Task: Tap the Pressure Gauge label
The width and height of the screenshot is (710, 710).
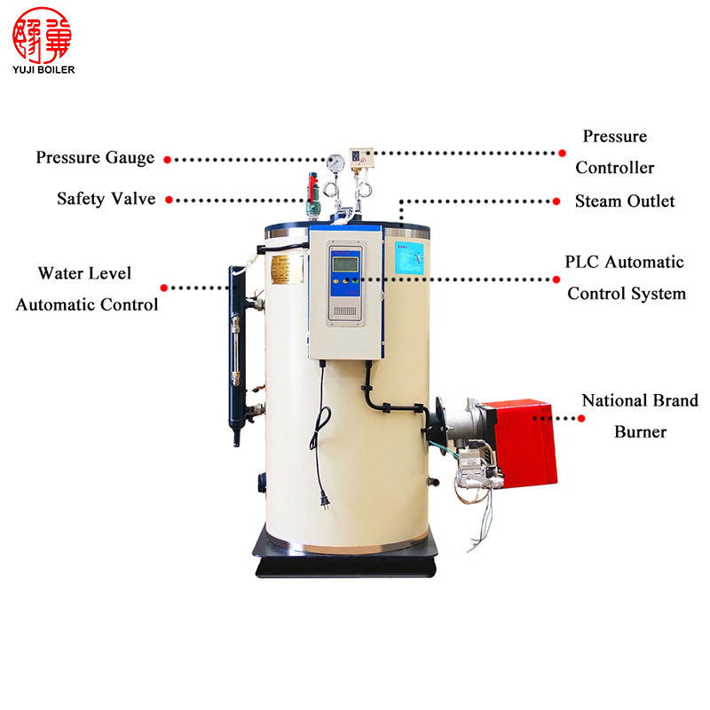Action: [x=95, y=158]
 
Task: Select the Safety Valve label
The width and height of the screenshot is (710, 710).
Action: [x=106, y=199]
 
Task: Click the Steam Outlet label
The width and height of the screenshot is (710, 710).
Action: [x=624, y=201]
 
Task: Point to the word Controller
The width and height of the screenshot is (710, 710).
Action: [x=614, y=168]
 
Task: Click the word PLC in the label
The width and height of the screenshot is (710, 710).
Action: [x=582, y=263]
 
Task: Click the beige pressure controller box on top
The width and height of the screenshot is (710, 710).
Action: [x=362, y=157]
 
